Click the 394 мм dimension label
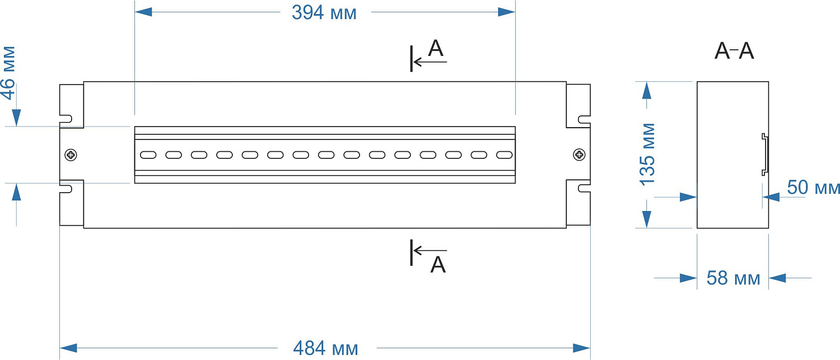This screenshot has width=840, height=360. coord(324,12)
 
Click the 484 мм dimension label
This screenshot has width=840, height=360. coord(325,348)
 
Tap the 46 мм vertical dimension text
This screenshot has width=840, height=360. coord(8,73)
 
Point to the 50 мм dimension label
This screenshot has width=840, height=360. coord(813,188)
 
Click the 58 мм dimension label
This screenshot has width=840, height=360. coord(733,278)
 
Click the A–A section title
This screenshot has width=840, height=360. coord(734,52)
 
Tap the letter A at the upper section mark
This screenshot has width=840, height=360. coord(436,49)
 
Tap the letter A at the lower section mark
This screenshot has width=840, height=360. coord(438,264)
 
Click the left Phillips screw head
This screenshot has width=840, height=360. coord(72,155)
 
